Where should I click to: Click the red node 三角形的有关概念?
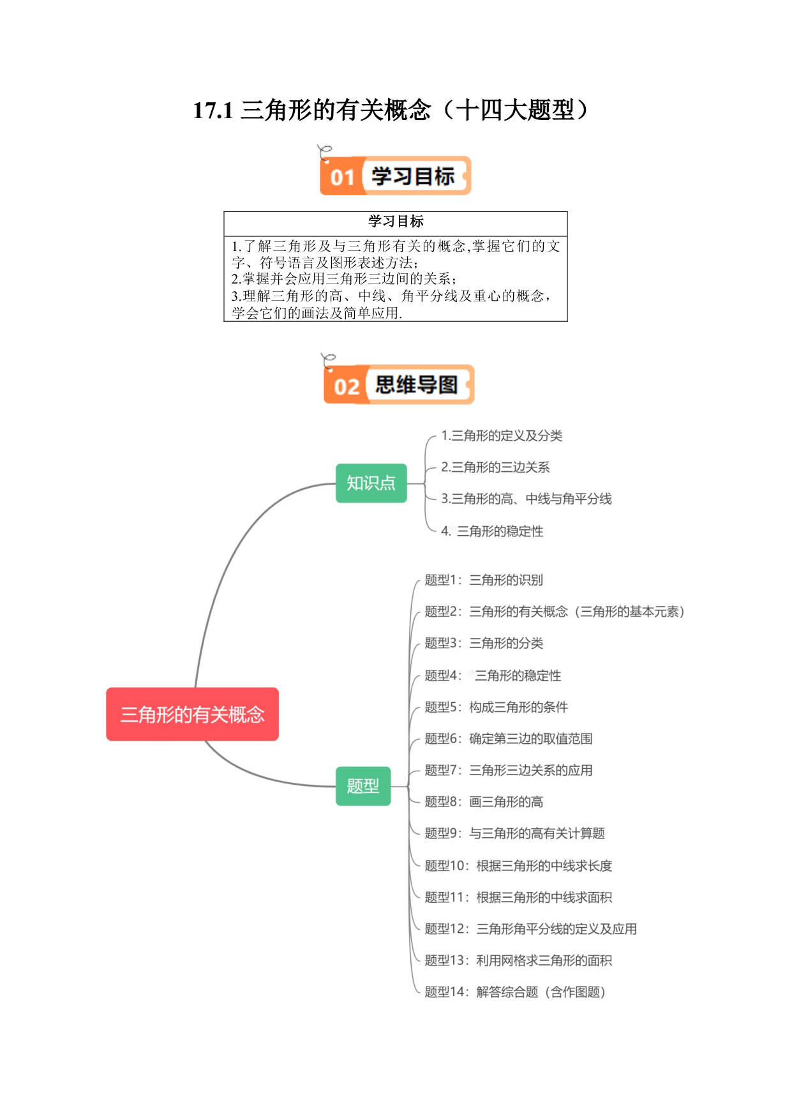pyautogui.click(x=192, y=714)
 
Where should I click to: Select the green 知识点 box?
pyautogui.click(x=371, y=483)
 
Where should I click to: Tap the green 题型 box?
pyautogui.click(x=363, y=785)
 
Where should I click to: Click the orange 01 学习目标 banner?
pyautogui.click(x=396, y=176)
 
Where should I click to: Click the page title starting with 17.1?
pyautogui.click(x=391, y=110)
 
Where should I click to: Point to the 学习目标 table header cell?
pyautogui.click(x=396, y=222)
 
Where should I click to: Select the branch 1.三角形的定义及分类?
pyautogui.click(x=502, y=435)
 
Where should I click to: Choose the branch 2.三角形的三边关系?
pyautogui.click(x=495, y=467)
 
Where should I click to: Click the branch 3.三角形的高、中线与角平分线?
pyautogui.click(x=527, y=499)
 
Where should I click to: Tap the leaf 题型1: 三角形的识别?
pyautogui.click(x=484, y=580)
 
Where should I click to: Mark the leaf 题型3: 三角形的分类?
pyautogui.click(x=484, y=643)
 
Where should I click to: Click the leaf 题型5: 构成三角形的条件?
pyautogui.click(x=497, y=707)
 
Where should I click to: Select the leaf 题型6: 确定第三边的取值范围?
pyautogui.click(x=509, y=738)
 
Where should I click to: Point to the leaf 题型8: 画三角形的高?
pyautogui.click(x=484, y=801)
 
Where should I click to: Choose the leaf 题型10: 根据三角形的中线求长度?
pyautogui.click(x=518, y=865)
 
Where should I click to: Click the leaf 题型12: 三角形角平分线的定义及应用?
pyautogui.click(x=531, y=928)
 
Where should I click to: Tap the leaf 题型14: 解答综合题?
pyautogui.click(x=515, y=992)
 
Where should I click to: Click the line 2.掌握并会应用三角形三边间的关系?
pyautogui.click(x=344, y=278)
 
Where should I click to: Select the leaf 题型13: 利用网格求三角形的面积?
pyautogui.click(x=518, y=960)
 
